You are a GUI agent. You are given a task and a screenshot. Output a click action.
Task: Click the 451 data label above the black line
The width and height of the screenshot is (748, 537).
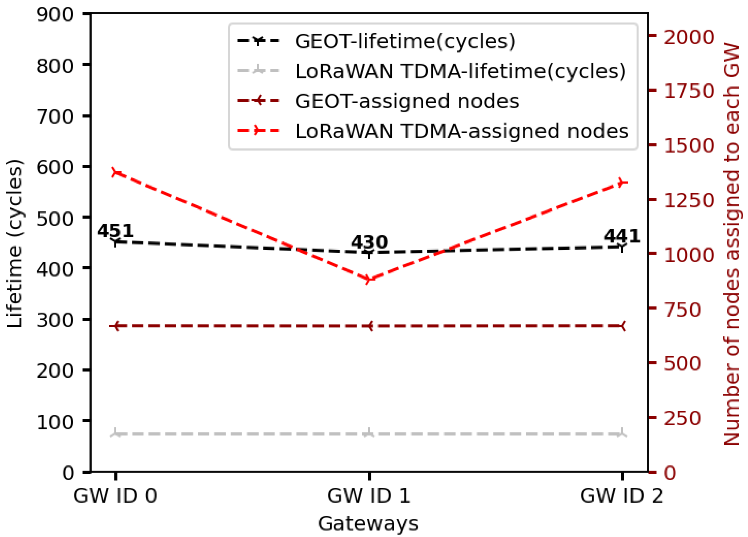[x=115, y=231]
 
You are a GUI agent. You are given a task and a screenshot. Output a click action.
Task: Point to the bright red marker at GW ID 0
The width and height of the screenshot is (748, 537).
[x=116, y=173]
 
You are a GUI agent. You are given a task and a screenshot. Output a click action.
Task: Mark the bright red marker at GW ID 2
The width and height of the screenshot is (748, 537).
[x=622, y=182]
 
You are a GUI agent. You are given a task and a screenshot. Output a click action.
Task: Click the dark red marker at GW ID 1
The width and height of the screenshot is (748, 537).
[x=369, y=326]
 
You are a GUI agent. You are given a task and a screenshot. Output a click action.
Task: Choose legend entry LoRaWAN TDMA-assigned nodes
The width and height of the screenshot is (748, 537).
[x=462, y=131]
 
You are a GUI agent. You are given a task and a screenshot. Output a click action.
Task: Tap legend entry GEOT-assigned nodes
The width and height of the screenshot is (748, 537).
[x=407, y=101]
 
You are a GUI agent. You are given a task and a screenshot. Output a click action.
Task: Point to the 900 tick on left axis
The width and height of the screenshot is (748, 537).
[x=55, y=15]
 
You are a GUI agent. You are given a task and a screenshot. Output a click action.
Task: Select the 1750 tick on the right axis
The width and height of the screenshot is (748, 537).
[x=689, y=91]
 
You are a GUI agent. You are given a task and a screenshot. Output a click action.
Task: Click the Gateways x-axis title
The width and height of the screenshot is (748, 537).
[x=368, y=524]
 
